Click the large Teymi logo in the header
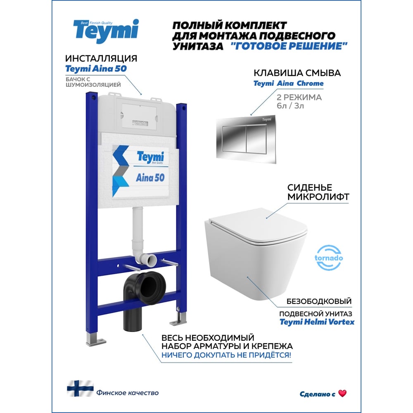106,31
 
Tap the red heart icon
342,394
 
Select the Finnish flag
80,389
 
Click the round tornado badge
329,258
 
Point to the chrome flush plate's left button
234,139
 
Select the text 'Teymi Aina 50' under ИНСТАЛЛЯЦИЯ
96,69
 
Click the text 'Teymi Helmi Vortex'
317,322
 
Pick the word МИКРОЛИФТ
318,197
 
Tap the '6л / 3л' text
290,106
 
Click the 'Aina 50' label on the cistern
150,178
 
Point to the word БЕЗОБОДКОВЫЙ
319,301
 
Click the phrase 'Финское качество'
128,393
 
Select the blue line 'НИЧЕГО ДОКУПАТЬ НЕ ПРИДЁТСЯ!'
226,355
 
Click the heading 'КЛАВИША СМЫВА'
297,73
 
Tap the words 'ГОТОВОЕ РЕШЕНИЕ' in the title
289,46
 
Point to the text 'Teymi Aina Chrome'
288,83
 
